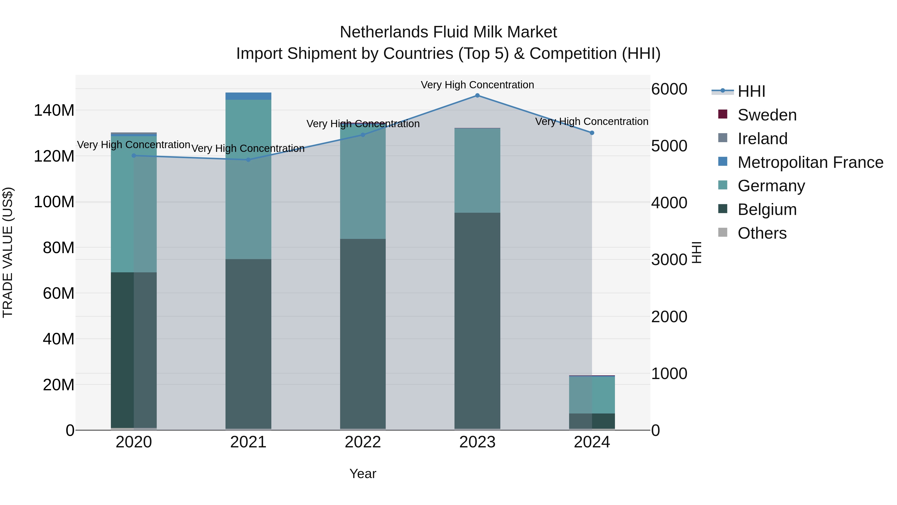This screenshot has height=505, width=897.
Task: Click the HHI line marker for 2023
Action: (x=477, y=96)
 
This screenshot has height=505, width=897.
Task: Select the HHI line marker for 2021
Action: (x=248, y=160)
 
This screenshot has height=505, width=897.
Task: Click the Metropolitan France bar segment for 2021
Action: (x=248, y=96)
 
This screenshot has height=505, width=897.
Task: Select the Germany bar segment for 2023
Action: (x=477, y=170)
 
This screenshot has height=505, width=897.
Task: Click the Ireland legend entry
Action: (x=762, y=139)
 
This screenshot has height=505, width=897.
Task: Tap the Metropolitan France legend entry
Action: (x=810, y=162)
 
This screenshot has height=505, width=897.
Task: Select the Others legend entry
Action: (x=762, y=233)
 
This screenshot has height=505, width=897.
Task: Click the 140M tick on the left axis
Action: (x=54, y=110)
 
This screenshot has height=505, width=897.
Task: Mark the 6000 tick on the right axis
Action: (x=669, y=89)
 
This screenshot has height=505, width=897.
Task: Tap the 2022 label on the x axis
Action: (x=363, y=442)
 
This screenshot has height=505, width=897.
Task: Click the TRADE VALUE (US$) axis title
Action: (x=8, y=252)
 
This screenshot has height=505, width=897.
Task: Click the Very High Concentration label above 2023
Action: (x=477, y=85)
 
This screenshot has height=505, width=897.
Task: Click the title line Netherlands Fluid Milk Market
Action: (x=448, y=32)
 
